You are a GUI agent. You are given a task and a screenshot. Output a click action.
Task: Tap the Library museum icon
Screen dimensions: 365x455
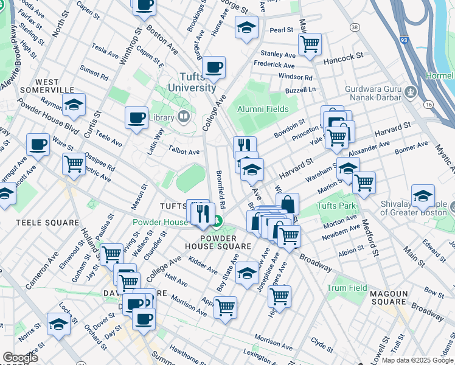click(184, 116)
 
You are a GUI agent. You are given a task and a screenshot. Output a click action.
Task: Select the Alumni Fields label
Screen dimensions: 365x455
click(263, 108)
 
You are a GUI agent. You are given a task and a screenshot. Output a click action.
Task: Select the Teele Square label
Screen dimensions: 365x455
click(40, 223)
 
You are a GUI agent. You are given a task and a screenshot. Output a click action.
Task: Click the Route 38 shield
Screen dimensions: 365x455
click(355, 27)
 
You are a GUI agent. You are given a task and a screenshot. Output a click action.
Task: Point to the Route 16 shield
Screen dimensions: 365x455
click(429, 105)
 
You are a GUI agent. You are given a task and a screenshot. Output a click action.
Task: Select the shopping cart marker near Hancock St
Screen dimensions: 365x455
click(310, 43)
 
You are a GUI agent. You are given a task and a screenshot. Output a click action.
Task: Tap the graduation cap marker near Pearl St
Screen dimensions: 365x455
click(246, 27)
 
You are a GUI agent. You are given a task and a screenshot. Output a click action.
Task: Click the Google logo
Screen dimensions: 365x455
click(20, 358)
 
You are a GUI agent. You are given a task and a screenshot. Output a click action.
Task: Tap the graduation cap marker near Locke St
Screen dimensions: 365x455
click(58, 324)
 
